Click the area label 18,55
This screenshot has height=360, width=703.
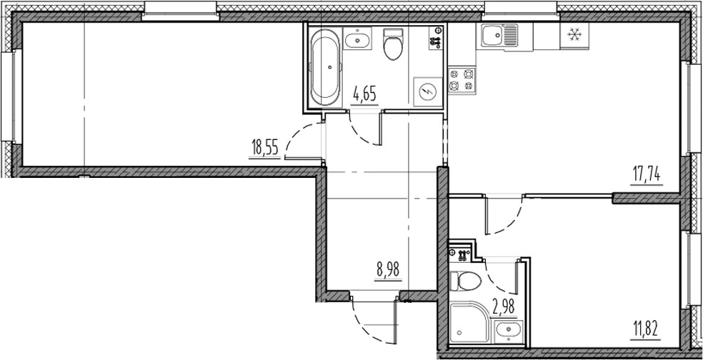[264, 149]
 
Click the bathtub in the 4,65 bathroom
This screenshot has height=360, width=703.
[326, 68]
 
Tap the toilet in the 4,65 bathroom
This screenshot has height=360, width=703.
[392, 45]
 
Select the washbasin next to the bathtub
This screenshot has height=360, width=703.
[357, 40]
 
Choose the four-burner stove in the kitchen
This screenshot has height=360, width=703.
[461, 79]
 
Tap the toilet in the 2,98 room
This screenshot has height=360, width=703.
[468, 281]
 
